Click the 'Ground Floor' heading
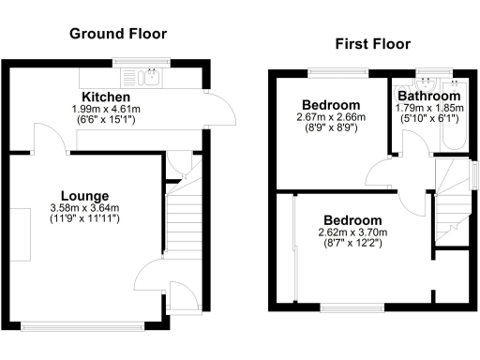point(118,34)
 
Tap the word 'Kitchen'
point(105,97)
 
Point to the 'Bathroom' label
point(428,97)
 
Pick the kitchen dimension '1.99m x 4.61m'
point(105,110)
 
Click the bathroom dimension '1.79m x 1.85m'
point(428,108)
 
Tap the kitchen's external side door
point(217,110)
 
